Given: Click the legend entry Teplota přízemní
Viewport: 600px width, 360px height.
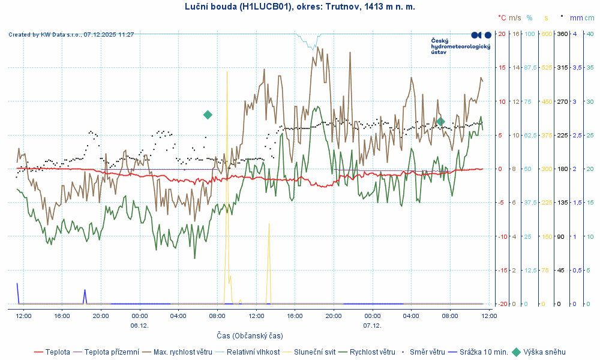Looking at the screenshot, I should [112, 352].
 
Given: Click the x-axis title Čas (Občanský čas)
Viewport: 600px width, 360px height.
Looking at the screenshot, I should [250, 335].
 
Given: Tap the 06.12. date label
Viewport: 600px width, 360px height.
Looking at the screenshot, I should [139, 325].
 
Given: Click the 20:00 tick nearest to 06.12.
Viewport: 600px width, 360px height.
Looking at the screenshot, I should [101, 315].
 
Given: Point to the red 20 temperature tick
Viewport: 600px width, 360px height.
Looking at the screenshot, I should [502, 34].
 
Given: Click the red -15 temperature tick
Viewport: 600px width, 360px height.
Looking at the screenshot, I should [502, 270].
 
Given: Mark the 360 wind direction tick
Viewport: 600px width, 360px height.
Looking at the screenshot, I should [563, 34].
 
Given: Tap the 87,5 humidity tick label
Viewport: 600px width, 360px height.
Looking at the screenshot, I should [530, 68].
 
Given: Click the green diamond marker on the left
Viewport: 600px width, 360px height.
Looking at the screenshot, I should [208, 115].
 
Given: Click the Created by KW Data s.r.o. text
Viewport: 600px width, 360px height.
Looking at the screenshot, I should [71, 35].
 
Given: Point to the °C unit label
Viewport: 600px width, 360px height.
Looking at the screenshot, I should [502, 18].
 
